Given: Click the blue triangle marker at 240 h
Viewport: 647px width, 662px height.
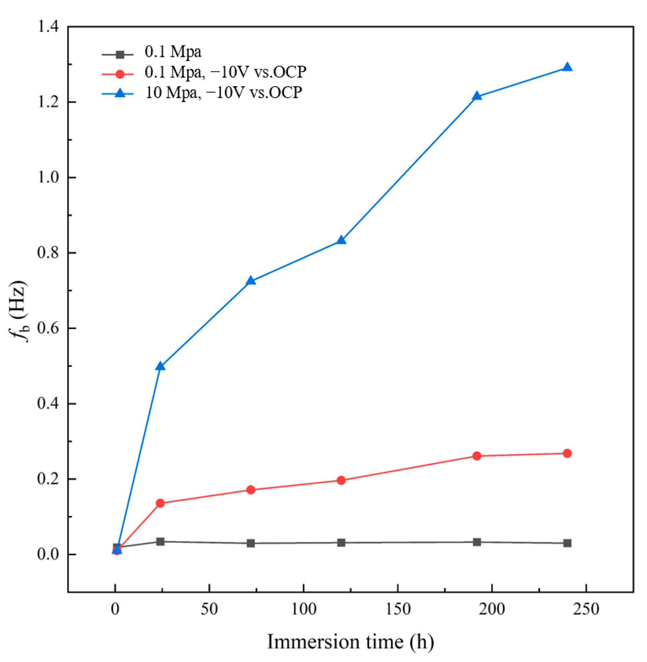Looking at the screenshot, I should pos(567,68).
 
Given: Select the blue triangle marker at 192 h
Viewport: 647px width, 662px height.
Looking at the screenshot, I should pos(476,97).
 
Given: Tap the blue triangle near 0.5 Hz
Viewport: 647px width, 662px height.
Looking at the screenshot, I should pos(160,366).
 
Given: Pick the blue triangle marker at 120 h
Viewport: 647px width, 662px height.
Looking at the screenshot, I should pos(341,240).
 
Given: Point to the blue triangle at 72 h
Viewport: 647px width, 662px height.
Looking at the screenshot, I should pos(251,281).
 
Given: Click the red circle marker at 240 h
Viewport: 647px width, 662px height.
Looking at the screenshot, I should pos(567,454).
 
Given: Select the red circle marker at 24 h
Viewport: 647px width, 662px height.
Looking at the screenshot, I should pos(160,503).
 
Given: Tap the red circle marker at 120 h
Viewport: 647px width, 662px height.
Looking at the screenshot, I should pos(341,480).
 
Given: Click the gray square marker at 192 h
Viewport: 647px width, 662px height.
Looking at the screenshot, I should pos(476,542).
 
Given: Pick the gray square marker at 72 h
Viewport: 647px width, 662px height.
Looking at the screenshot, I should pos(251,543).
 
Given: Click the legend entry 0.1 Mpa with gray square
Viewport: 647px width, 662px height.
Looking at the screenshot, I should pos(173,52).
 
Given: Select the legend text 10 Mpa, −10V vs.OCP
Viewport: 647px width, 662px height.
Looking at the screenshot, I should pos(223,93).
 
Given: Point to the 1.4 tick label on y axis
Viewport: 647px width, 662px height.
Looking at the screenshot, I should pos(48,26).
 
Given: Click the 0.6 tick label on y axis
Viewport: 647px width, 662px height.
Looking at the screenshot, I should pos(48,328).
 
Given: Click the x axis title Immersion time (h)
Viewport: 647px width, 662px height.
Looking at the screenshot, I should pos(350,642).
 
